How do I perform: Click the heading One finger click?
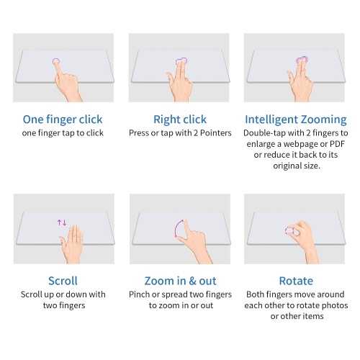(x=63, y=120)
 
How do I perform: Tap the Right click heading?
(x=180, y=120)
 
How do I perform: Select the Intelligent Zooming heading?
(x=296, y=120)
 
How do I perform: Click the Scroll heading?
(x=63, y=281)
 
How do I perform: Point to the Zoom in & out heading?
(x=180, y=281)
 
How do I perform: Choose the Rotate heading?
(x=296, y=281)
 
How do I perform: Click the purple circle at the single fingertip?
(x=56, y=61)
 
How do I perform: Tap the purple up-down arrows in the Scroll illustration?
(x=62, y=222)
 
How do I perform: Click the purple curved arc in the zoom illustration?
(x=176, y=228)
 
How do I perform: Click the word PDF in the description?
(x=337, y=144)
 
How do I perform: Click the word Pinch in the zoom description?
(x=138, y=294)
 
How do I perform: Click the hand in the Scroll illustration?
(x=71, y=244)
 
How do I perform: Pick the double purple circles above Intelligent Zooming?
(x=302, y=60)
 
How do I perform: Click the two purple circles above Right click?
(x=181, y=61)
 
